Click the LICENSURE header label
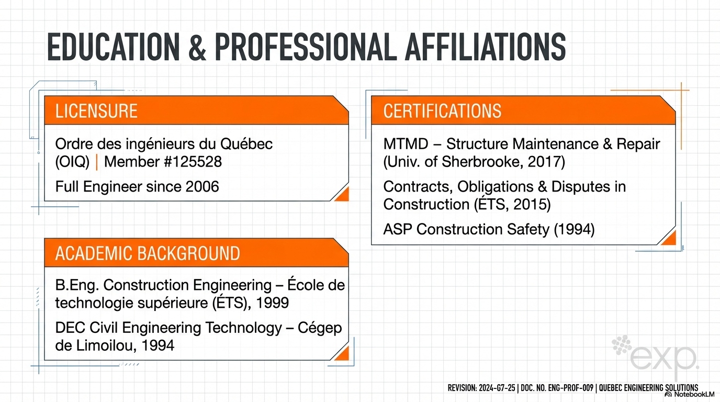coord(96,111)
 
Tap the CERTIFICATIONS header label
coord(442,111)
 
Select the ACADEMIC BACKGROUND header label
coord(147,253)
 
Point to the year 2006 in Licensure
coord(203,186)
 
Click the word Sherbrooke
coord(482,162)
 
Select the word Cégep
coord(320,328)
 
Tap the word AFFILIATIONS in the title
coord(486,48)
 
